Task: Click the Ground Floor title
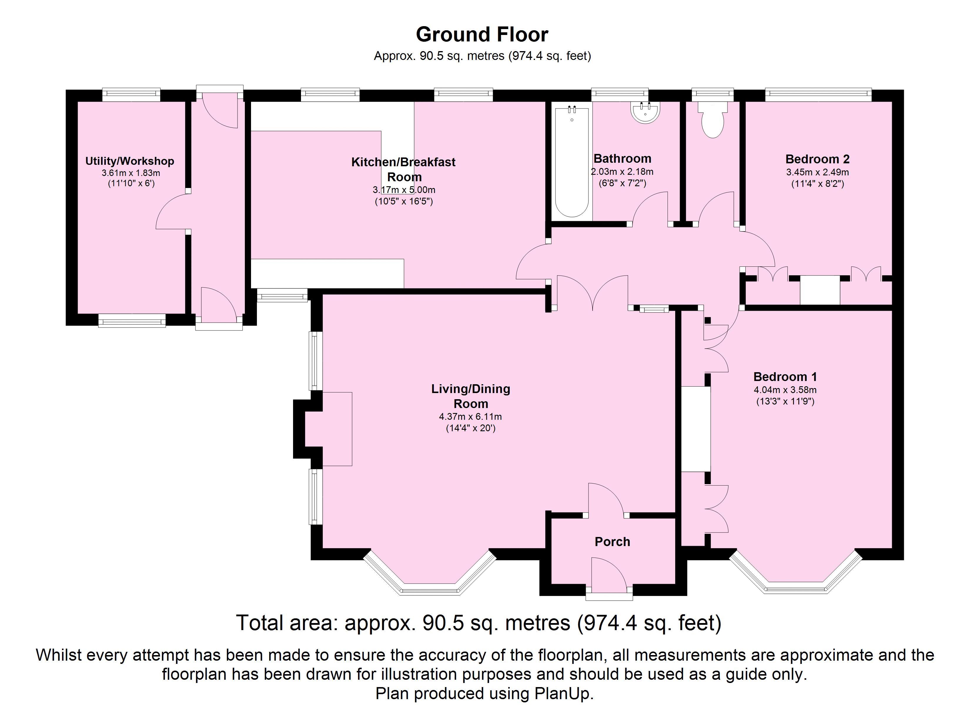[482, 35]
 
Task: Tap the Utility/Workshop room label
[130, 161]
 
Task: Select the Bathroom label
[622, 159]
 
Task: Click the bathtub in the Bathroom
[572, 162]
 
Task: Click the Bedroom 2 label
[817, 159]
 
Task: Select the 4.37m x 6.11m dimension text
[471, 417]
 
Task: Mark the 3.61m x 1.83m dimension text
[131, 173]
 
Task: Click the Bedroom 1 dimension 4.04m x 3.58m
[785, 390]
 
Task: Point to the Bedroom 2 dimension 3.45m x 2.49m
[817, 172]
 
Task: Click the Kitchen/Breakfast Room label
[403, 169]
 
